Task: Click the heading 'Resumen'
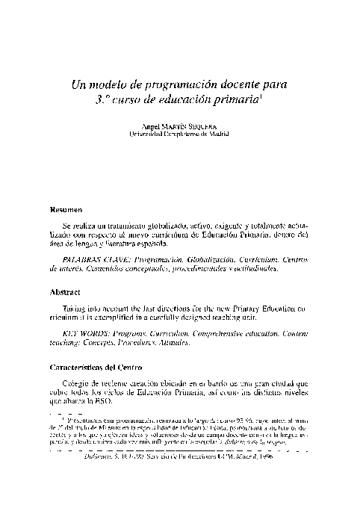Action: coord(66,209)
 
